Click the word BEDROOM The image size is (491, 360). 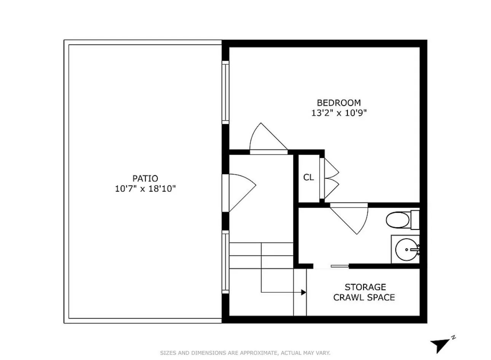[339, 102]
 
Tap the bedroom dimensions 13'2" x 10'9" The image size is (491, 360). [339, 113]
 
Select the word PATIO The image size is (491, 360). [145, 178]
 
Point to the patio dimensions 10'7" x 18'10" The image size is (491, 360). [145, 188]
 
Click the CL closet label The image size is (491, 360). [309, 177]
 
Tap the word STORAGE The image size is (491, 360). [365, 287]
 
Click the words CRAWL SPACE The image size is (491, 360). [364, 297]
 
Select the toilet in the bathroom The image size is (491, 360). [397, 220]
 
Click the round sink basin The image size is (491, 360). [407, 250]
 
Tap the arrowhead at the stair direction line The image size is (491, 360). [303, 292]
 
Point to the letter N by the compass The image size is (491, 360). [453, 337]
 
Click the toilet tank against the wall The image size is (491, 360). [415, 220]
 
